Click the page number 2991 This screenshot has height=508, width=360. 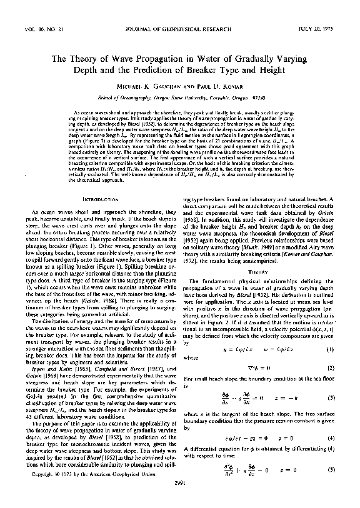pyautogui.click(x=180, y=498)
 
